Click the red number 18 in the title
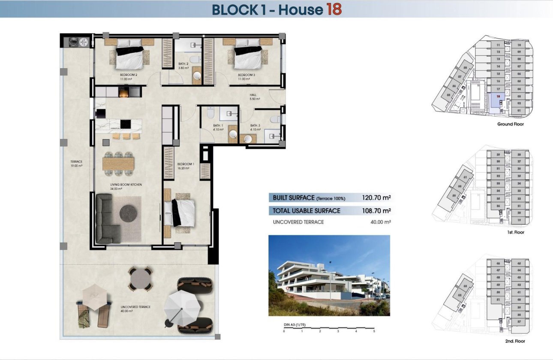pyautogui.click(x=334, y=9)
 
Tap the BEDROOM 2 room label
pyautogui.click(x=128, y=74)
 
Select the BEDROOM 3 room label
pyautogui.click(x=246, y=74)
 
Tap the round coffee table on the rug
pyautogui.click(x=128, y=213)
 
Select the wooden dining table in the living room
pyautogui.click(x=118, y=163)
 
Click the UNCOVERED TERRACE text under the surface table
pyautogui.click(x=298, y=222)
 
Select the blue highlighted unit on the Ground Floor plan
pyautogui.click(x=495, y=103)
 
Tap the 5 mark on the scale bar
pyautogui.click(x=374, y=331)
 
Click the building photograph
pyautogui.click(x=329, y=275)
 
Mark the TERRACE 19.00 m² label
pyautogui.click(x=77, y=163)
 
